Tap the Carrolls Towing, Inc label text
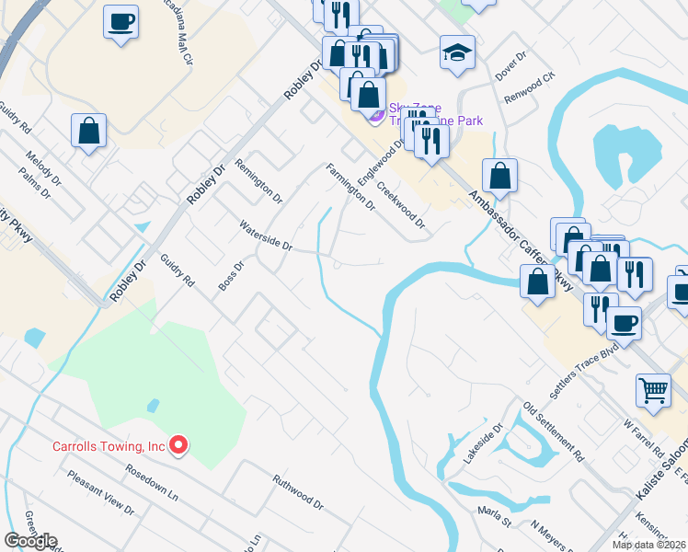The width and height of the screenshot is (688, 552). [109, 447]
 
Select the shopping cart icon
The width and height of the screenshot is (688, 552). [653, 390]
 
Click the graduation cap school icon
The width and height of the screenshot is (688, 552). [457, 52]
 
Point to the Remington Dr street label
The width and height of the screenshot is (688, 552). [258, 180]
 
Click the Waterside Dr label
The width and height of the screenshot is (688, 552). [265, 236]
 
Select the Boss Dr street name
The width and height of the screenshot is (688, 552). [231, 277]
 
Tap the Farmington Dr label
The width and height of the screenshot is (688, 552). [350, 187]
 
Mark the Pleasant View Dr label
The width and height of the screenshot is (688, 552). [101, 492]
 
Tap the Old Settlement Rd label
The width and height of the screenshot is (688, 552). [554, 431]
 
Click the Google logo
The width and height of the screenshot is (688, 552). [31, 541]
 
